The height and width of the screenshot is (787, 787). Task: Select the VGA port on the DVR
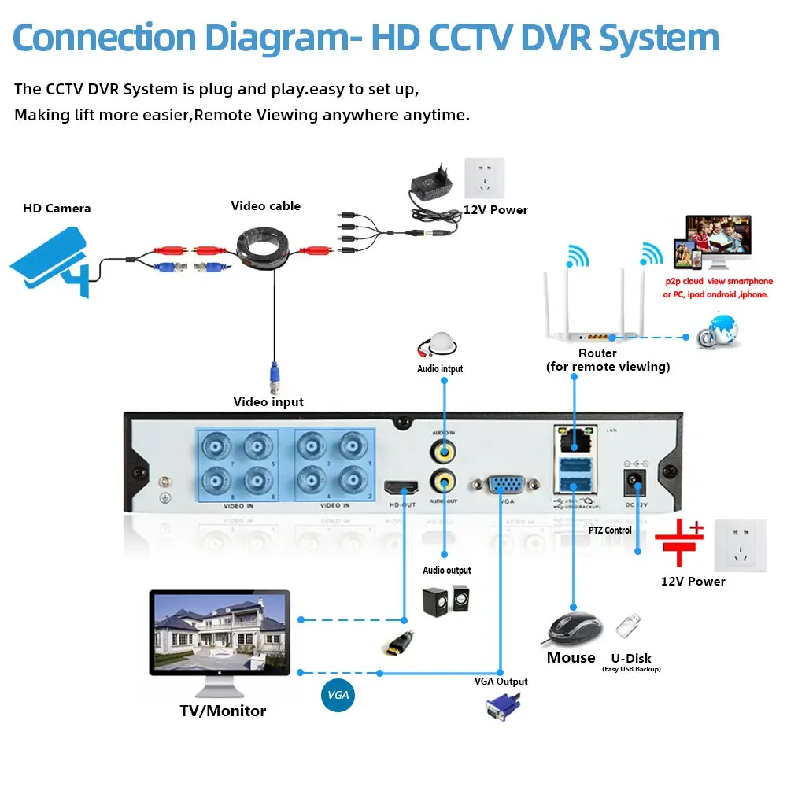pyautogui.click(x=499, y=485)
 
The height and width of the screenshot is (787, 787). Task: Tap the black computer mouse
pyautogui.click(x=575, y=628)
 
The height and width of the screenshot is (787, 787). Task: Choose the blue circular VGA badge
pyautogui.click(x=338, y=696)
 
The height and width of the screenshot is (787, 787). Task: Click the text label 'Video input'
pyautogui.click(x=268, y=402)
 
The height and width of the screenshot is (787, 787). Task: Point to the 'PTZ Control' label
pyautogui.click(x=610, y=530)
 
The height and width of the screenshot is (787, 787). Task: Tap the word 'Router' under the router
pyautogui.click(x=597, y=353)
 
